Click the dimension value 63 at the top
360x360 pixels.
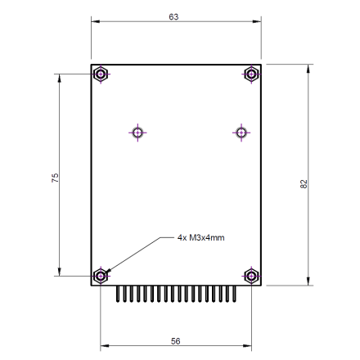pos(173,17)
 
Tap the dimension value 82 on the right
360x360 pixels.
pos(304,184)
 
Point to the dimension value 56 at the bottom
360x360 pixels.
pos(175,341)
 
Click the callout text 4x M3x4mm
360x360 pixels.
pos(200,238)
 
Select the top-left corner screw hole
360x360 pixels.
pos(100,74)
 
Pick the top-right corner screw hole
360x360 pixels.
pos(251,74)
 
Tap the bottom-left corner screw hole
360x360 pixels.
pos(100,276)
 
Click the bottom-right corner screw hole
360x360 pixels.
pos(251,276)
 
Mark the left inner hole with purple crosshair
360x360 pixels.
pos(137,132)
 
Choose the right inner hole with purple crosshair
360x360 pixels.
pos(240,132)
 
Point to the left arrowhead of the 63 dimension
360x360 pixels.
pos(94,22)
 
